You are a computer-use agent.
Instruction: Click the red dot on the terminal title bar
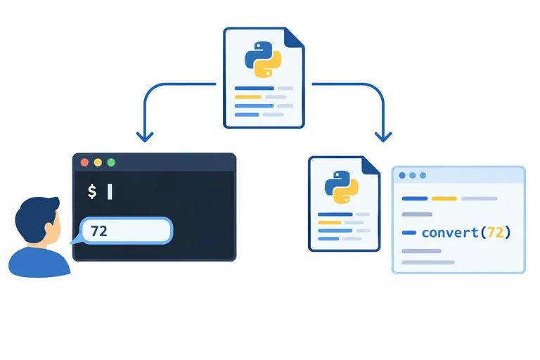[x=84, y=162]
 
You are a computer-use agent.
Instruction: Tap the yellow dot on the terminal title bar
[x=98, y=162]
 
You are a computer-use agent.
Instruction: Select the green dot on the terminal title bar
[x=111, y=162]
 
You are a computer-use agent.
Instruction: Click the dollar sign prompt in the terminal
[x=92, y=191]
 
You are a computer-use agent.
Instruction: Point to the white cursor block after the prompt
[x=110, y=191]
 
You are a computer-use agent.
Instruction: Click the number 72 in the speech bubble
[x=99, y=231]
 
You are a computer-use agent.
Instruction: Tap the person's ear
[x=50, y=229]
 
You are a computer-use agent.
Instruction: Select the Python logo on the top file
[x=263, y=59]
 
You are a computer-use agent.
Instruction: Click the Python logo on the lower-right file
[x=341, y=186]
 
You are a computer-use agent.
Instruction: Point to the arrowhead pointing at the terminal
[x=145, y=137]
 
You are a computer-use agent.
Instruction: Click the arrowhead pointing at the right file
[x=383, y=137]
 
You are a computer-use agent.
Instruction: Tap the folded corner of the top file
[x=293, y=37]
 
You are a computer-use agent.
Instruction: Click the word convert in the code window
[x=450, y=233]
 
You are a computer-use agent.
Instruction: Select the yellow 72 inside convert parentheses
[x=496, y=233]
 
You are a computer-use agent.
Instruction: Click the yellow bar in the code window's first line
[x=444, y=198]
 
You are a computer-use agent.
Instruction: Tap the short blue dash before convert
[x=409, y=233]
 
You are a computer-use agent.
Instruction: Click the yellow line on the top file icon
[x=248, y=97]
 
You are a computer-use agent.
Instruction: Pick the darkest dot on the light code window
[x=402, y=175]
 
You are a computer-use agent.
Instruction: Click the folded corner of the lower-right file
[x=371, y=166]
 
